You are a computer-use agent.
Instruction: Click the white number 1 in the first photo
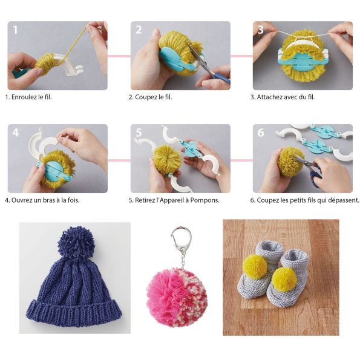point(15,30)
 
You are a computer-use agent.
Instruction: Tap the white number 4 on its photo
point(15,133)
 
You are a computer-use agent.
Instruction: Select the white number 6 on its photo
point(261,133)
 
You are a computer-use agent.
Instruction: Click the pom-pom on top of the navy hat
point(76,242)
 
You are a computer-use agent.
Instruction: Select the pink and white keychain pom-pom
point(177,298)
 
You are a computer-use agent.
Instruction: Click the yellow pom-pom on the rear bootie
point(255,267)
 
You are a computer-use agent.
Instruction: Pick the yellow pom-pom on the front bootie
point(284,280)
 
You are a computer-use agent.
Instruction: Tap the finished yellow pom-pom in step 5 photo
point(167,160)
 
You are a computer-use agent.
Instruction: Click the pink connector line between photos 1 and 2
point(119,56)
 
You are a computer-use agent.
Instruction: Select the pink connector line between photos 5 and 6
point(241,160)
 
